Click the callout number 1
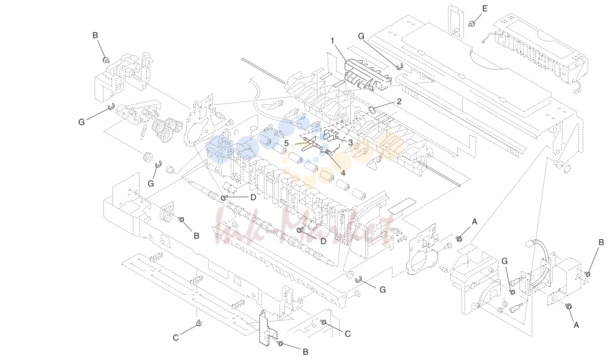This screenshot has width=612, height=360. pyautogui.click(x=332, y=40)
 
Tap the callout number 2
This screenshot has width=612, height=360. pyautogui.click(x=399, y=102)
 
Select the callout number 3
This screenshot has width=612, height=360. pyautogui.click(x=350, y=143)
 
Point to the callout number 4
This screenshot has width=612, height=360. pyautogui.click(x=343, y=173)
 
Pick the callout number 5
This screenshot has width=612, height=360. pyautogui.click(x=287, y=143)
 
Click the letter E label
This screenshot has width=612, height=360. pyautogui.click(x=485, y=8)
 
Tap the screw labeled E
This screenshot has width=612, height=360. pyautogui.click(x=472, y=23)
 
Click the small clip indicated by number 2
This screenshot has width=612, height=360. pyautogui.click(x=372, y=109)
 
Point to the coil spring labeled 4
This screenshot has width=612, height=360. pyautogui.click(x=328, y=152)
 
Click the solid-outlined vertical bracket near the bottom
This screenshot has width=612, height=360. pyautogui.click(x=268, y=328)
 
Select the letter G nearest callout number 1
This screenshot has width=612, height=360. pyautogui.click(x=361, y=36)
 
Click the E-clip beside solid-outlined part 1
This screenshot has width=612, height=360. pyautogui.click(x=399, y=67)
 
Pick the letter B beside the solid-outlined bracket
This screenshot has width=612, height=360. pyautogui.click(x=306, y=352)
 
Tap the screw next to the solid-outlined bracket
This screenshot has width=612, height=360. pyautogui.click(x=280, y=343)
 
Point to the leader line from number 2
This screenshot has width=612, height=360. pyautogui.click(x=385, y=105)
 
